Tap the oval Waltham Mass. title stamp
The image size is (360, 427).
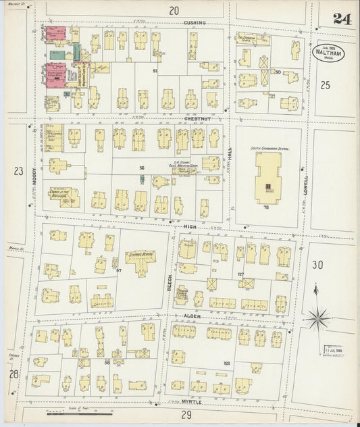328,53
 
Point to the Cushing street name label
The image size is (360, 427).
195,23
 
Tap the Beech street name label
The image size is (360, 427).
170,278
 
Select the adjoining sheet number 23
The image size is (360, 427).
17,172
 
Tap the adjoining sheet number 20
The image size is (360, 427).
174,10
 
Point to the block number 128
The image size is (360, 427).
226,363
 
